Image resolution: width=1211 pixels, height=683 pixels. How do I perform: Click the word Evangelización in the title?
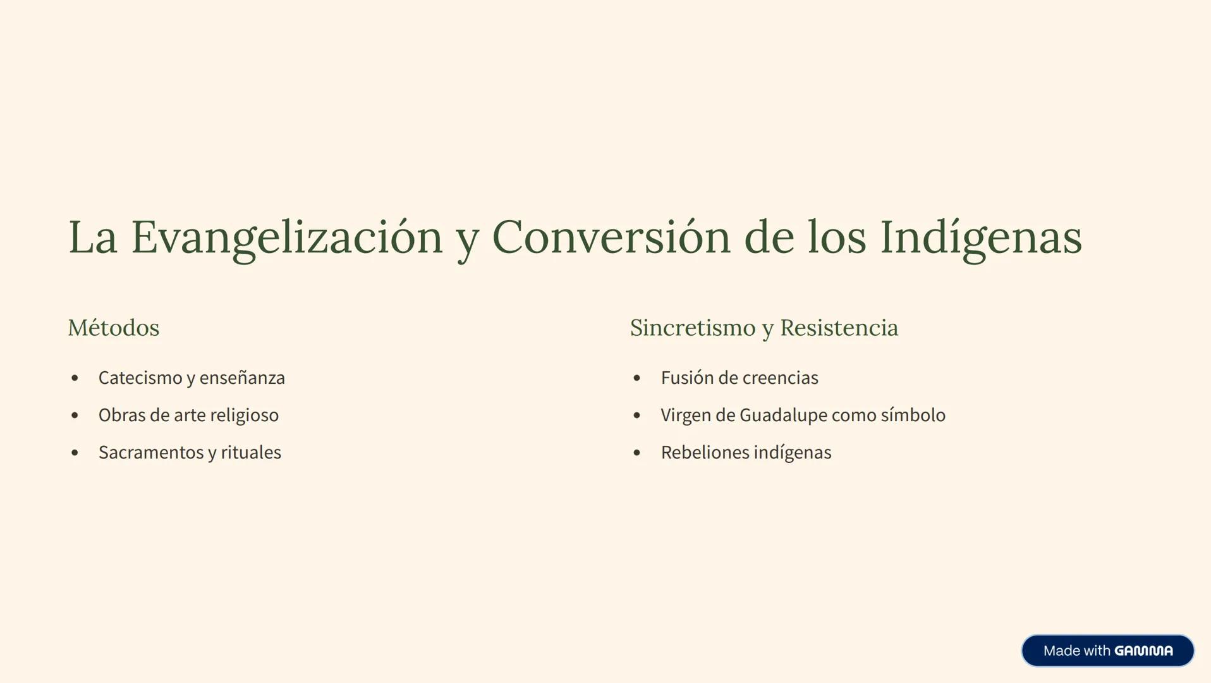[x=286, y=237]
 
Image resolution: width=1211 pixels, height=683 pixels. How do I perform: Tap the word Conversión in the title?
[x=611, y=237]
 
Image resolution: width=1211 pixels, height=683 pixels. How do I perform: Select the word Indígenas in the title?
[x=980, y=237]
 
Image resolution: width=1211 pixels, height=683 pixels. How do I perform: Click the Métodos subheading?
[x=114, y=328]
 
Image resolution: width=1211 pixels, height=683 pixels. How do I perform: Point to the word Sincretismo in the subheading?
[x=693, y=328]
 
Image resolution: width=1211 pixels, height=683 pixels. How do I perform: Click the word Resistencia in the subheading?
[x=839, y=328]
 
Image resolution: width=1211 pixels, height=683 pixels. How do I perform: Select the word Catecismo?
[x=140, y=378]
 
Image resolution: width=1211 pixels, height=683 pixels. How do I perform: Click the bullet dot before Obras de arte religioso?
[x=75, y=415]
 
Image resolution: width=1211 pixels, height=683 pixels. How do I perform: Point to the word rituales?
[x=251, y=452]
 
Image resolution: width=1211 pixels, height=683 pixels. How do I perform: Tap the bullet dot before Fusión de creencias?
[x=636, y=378]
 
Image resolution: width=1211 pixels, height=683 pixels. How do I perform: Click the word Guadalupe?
[x=784, y=415]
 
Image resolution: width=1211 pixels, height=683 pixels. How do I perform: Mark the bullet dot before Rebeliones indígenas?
[x=636, y=453]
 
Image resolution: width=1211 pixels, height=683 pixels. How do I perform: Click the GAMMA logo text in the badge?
[x=1143, y=651]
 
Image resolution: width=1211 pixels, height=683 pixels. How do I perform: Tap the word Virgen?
[x=686, y=415]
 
